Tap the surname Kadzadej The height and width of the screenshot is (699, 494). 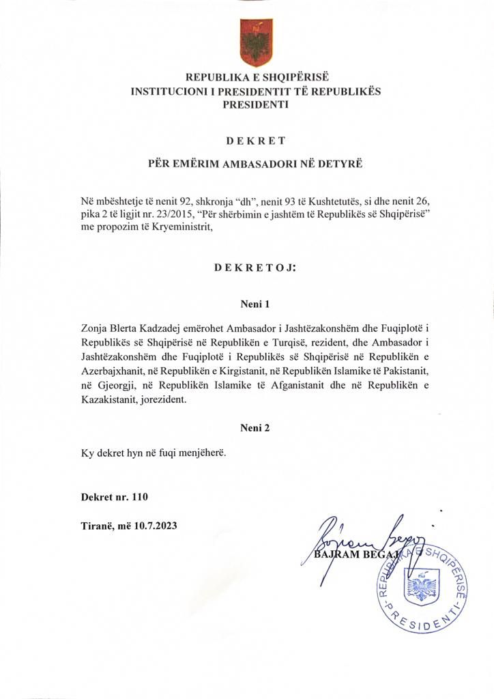[163, 329]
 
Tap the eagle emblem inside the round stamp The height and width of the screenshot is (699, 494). [420, 585]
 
